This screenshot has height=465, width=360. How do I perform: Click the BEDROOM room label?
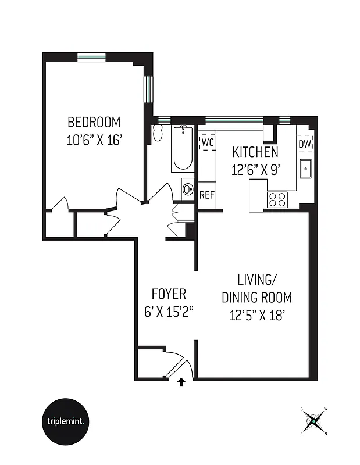94,122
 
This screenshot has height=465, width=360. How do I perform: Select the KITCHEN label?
255,153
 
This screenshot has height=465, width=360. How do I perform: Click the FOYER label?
169,293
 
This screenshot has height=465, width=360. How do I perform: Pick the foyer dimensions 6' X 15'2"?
169,311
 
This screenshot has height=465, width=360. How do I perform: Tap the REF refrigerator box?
208,195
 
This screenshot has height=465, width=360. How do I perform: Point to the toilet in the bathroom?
158,134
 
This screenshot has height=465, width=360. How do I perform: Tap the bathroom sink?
188,189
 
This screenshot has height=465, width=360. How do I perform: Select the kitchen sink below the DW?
305,169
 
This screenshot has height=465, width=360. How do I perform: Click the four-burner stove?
277,199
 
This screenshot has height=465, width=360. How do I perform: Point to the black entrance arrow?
181,382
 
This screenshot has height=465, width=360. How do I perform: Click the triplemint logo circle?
66,421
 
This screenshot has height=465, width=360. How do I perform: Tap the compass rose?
313,421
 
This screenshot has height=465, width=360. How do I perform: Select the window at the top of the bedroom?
92,57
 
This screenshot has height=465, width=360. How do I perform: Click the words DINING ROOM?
256,298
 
